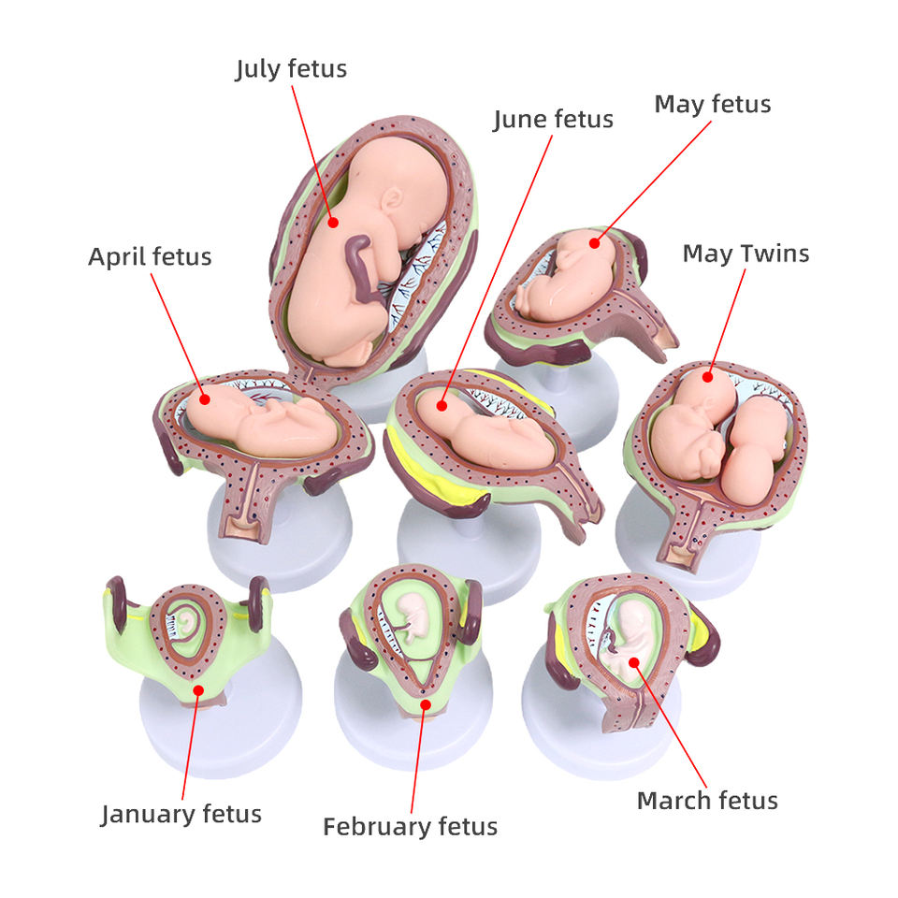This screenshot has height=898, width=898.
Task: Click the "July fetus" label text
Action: (291, 69)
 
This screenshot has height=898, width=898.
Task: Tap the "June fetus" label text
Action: (553, 120)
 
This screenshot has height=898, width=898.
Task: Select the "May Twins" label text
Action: (746, 253)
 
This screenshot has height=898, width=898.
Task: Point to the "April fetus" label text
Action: (150, 256)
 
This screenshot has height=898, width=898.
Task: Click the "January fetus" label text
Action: (181, 814)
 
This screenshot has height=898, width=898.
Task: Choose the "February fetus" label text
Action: (410, 827)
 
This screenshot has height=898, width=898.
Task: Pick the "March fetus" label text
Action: (707, 801)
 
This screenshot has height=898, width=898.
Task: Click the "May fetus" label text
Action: (712, 104)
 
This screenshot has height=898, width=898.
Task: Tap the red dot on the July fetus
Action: (333, 222)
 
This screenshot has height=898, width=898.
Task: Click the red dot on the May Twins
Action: (707, 377)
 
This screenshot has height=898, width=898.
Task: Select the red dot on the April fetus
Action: (205, 399)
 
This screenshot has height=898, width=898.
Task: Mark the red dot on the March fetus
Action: (634, 662)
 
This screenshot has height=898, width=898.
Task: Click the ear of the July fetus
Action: (392, 197)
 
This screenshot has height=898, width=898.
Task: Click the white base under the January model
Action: (221, 734)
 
